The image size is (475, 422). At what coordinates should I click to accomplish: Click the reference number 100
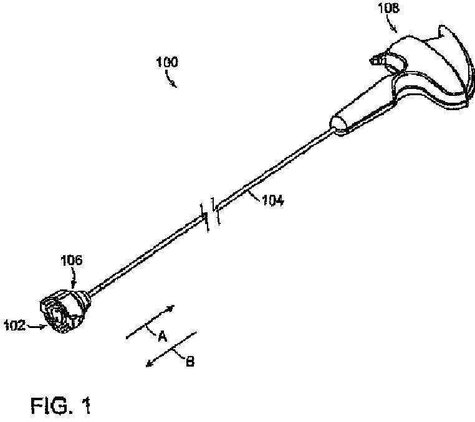tap(166, 62)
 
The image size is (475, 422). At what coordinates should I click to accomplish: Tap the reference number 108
tap(388, 9)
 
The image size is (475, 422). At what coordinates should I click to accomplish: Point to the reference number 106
tap(71, 261)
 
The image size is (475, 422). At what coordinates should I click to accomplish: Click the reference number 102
tap(14, 324)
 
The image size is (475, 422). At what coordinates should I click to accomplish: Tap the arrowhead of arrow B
tap(148, 366)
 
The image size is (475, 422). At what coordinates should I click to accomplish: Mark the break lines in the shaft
tap(209, 214)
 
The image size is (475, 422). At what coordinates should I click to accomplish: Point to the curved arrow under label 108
tap(392, 25)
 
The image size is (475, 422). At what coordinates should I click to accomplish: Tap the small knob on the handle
tap(377, 60)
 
